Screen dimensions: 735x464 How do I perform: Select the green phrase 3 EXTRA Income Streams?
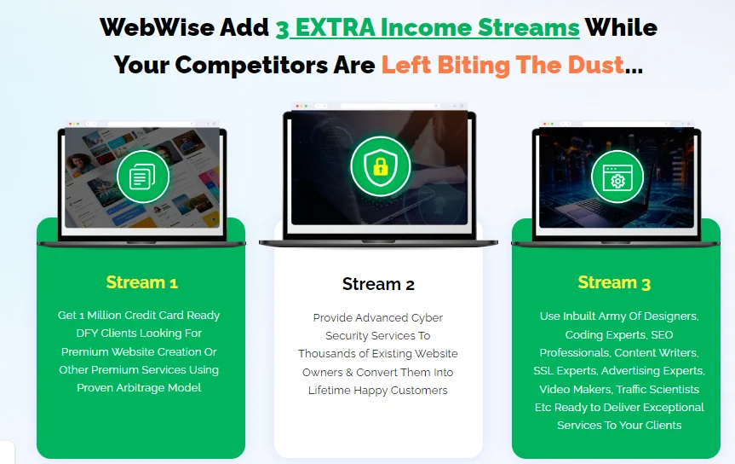point(428,27)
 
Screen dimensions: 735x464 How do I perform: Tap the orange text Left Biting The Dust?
point(502,65)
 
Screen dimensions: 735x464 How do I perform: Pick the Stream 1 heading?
point(141,282)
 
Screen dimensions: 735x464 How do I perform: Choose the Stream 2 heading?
point(378,284)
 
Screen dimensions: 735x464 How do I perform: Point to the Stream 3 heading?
point(614,282)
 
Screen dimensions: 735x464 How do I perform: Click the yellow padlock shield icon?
point(381,166)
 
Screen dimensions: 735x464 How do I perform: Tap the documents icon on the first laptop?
point(143,177)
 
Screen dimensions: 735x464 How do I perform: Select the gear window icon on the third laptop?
point(617,177)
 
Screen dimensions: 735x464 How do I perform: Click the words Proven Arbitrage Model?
point(139,388)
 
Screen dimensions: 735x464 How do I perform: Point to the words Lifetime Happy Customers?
point(378,391)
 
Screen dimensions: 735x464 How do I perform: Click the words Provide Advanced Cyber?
point(378,318)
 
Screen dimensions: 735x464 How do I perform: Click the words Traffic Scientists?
point(657,389)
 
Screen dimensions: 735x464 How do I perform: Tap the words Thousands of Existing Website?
point(378,354)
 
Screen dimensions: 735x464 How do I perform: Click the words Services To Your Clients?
point(619,425)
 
